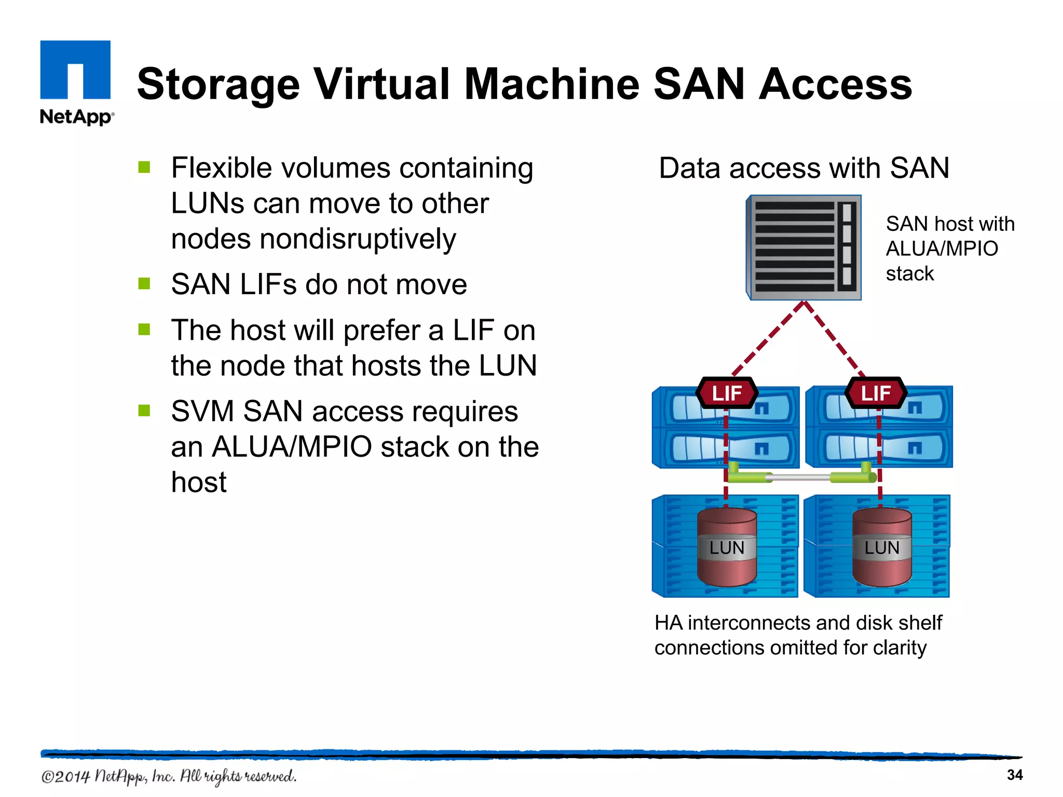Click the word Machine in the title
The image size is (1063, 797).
click(x=551, y=84)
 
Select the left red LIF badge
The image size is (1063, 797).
click(x=727, y=393)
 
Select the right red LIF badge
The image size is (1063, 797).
click(x=876, y=393)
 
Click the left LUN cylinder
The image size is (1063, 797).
click(x=727, y=547)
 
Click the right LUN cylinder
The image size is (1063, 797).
click(x=882, y=547)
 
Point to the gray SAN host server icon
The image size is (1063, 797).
click(x=804, y=248)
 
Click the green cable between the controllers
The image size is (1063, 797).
click(x=802, y=476)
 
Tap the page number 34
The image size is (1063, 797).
click(x=1014, y=775)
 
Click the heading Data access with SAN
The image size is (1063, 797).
click(x=804, y=168)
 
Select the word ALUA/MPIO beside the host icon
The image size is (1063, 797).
click(x=942, y=249)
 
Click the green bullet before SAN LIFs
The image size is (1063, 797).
click(x=144, y=283)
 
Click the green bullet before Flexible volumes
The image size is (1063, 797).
click(x=144, y=167)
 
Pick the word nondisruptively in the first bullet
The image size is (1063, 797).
click(x=358, y=239)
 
